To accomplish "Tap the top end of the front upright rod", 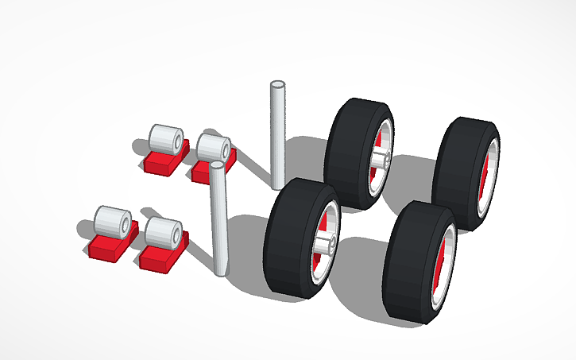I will (217, 167).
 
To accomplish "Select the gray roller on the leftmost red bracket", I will (112, 222).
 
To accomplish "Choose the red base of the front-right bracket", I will (159, 259).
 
